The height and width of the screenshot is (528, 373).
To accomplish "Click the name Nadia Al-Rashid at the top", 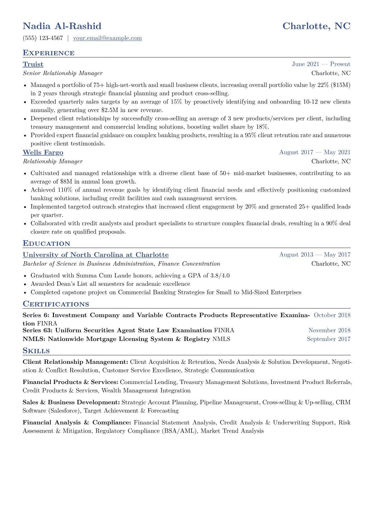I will coord(62,26).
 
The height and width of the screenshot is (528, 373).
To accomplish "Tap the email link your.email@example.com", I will coord(107,38).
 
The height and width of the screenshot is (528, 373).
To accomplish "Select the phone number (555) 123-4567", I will coord(43,38).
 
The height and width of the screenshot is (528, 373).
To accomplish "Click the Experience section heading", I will coord(49,53).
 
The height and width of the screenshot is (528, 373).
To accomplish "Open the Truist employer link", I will coord(33,64).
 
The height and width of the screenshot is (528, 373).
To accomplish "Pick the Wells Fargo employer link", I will coord(43,152).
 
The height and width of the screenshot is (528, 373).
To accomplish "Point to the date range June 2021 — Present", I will coord(321,64).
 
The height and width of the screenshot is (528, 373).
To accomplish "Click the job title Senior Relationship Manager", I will coord(63,73).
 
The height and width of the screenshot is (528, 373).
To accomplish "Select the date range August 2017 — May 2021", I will coord(315,152).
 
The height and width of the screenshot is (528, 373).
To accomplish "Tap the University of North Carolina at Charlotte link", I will coord(96,255).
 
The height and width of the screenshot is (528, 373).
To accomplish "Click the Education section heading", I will coord(46,244).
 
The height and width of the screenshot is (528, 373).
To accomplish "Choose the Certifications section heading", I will coord(56,304).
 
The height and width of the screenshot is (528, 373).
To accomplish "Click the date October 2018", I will coord(332,315).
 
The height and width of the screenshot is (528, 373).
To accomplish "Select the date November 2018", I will coord(329,330).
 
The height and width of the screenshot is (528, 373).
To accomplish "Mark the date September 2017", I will coord(328,339).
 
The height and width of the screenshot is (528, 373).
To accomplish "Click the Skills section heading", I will coord(36,351).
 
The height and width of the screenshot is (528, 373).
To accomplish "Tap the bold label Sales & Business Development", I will coord(71,403).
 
